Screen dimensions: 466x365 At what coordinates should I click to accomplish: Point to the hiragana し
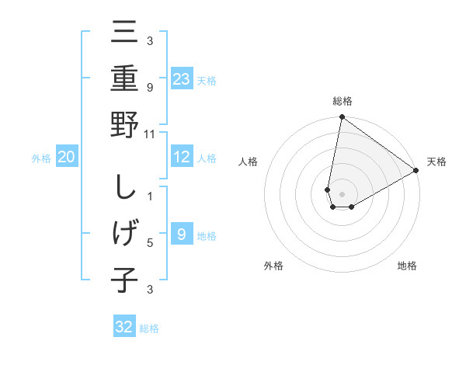pos(124,188)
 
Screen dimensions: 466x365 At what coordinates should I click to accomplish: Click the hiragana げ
pos(124,234)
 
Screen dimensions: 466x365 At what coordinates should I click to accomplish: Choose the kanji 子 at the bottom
pos(124,280)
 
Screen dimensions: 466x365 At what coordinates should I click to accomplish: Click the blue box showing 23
pos(182,78)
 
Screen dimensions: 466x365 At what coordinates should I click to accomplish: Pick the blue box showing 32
pos(124,327)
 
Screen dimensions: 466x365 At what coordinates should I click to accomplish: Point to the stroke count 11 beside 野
pos(151,134)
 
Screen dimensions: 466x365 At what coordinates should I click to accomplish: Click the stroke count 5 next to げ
pos(151,242)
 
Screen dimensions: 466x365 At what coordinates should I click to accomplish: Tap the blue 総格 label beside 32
pos(149,328)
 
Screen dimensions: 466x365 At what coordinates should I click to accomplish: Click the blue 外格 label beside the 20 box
pos(41,158)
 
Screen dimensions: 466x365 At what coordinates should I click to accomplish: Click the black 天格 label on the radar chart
pos(436,162)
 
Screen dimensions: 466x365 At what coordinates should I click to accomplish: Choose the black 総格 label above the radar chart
pos(342,101)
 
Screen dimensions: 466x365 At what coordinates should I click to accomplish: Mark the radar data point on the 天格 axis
pos(416,172)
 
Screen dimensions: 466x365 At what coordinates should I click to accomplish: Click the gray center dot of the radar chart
pos(342,193)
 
